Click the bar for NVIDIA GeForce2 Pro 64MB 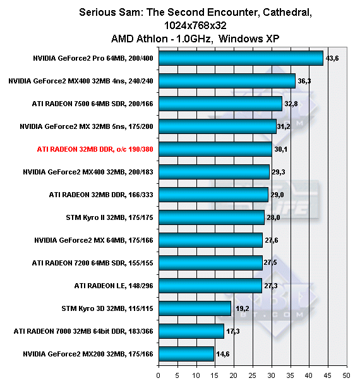[241, 58]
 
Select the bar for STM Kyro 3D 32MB [195, 308]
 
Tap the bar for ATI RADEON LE [210, 286]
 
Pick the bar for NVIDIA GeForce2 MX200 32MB [186, 354]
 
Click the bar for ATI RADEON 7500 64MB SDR [220, 104]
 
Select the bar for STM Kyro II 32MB [212, 217]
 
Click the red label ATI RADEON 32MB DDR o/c [95, 149]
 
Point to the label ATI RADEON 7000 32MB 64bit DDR [83, 331]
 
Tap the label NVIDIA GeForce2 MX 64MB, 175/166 [93, 240]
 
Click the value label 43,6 [332, 58]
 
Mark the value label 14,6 [223, 354]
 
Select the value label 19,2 [243, 308]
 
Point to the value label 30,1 [280, 149]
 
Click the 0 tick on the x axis [159, 375]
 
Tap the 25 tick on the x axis [253, 375]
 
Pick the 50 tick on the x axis [346, 375]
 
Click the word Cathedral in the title [287, 13]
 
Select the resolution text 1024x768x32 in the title [195, 25]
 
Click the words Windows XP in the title [249, 39]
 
